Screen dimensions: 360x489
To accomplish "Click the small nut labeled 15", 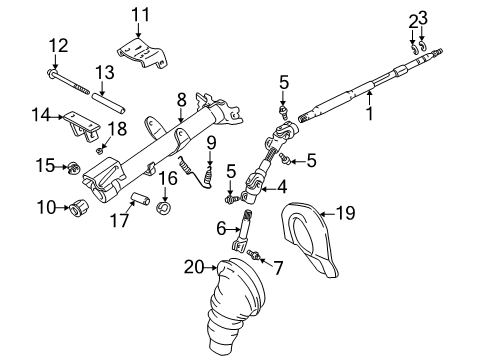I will [74, 166].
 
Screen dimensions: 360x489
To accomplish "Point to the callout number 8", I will [181, 99].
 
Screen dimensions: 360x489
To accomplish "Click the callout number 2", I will [412, 19].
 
